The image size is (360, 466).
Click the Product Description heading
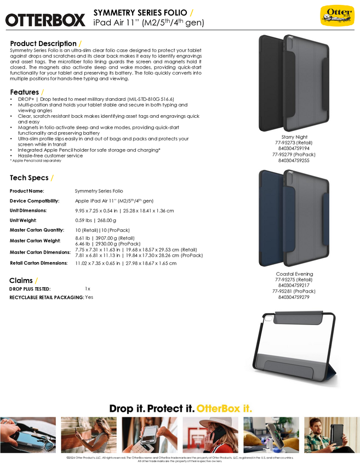(43, 43)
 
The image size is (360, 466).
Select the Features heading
(25, 92)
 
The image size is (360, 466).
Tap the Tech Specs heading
(29, 178)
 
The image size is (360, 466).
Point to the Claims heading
(21, 280)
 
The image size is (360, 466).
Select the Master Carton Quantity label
(37, 229)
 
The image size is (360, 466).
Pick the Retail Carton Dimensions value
(125, 263)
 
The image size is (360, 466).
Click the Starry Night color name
(294, 137)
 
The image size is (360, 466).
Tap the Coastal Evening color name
(294, 274)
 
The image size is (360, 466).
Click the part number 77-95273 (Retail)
(294, 143)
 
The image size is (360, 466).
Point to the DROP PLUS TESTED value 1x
(88, 288)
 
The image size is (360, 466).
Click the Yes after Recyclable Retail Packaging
(89, 297)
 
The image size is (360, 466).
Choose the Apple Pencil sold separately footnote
(32, 161)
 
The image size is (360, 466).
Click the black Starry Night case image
(294, 82)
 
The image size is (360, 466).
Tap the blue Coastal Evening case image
(294, 218)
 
